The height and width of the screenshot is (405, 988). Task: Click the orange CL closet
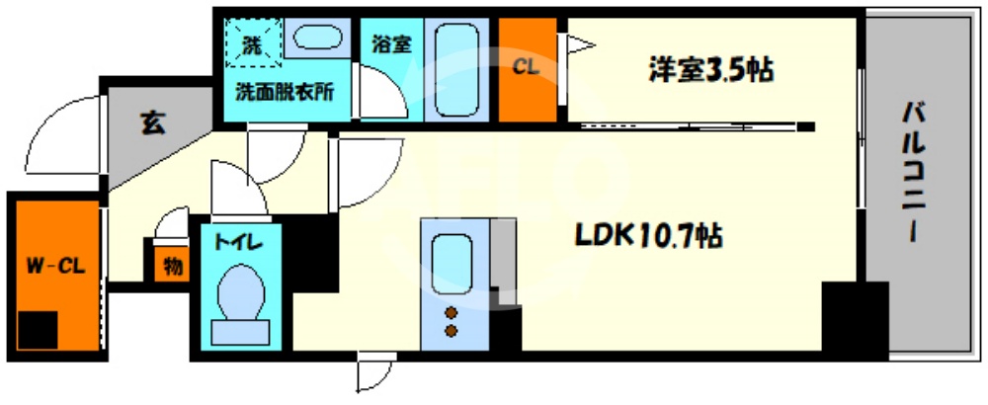tap(527, 69)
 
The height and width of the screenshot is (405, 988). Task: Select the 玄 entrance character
tap(153, 123)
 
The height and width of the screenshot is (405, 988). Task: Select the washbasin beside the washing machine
tap(317, 40)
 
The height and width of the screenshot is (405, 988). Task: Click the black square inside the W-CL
tap(38, 329)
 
